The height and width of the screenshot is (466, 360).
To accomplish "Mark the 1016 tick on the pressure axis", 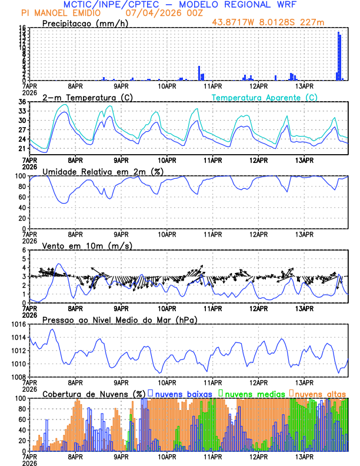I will pos(18,324).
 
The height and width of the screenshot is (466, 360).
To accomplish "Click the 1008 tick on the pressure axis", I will pos(18,377).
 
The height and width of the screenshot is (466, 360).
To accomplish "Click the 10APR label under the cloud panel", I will pos(166,457).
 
